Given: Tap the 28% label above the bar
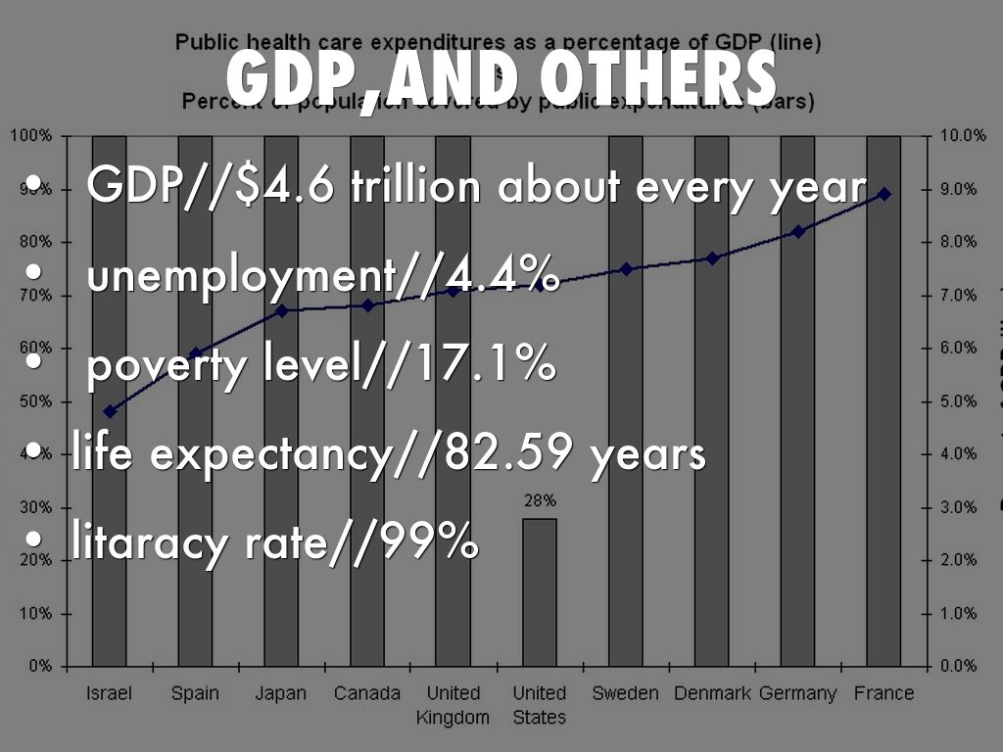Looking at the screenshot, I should (540, 500).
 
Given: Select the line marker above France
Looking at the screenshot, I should (884, 194).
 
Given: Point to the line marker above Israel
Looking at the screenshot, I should (110, 411).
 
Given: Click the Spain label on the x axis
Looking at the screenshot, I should (195, 694).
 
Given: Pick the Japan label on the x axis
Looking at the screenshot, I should (281, 694).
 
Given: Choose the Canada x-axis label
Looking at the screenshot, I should (367, 694).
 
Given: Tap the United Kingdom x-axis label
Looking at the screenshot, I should (453, 705).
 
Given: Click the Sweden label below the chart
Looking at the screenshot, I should (625, 694).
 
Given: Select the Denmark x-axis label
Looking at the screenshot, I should (712, 694).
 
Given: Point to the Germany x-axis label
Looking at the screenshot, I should (797, 694).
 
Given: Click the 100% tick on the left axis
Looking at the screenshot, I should (32, 135).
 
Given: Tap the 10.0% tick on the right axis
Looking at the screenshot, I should (961, 135).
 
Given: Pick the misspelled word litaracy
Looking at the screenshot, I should (155, 540).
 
